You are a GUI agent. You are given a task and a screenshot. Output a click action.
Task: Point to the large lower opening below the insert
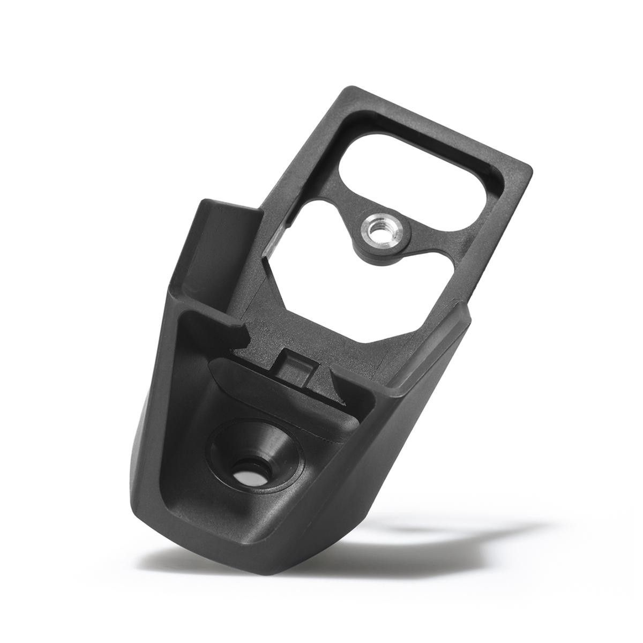[x=322, y=268]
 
